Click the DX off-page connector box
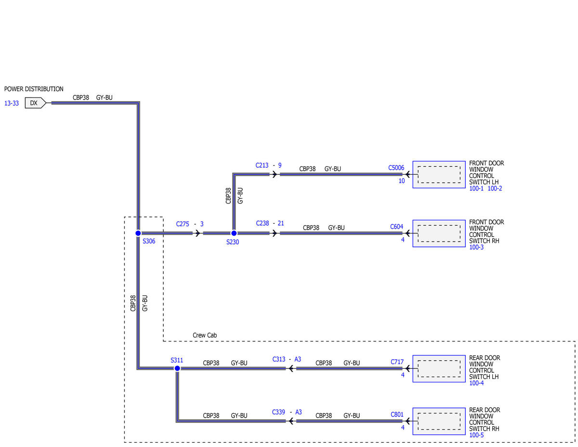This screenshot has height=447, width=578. (x=35, y=103)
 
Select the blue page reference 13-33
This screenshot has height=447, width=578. (x=12, y=103)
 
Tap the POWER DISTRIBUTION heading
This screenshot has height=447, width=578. (x=34, y=89)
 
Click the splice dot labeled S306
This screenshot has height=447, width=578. (x=138, y=233)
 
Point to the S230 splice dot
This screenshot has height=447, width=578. (x=234, y=233)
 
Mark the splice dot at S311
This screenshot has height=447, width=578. (x=177, y=368)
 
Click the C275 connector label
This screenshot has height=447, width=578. (x=183, y=224)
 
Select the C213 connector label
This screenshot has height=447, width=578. (x=262, y=165)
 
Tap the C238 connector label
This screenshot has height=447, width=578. (x=263, y=223)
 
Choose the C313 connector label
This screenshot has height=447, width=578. (x=279, y=359)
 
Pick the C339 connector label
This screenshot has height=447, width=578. (x=278, y=412)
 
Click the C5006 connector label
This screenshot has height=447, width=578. (x=396, y=168)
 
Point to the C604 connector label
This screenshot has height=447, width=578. (x=396, y=227)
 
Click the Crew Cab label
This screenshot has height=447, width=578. (x=205, y=335)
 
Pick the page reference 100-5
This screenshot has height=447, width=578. (x=476, y=435)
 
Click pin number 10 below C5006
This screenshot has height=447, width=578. (x=401, y=181)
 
